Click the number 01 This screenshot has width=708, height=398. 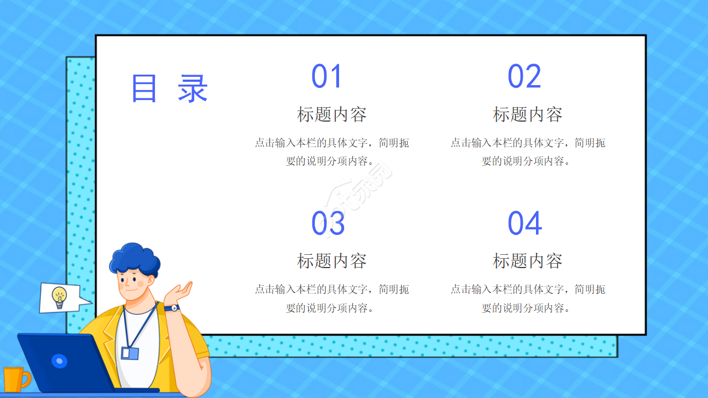click(327, 77)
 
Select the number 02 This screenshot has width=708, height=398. click(524, 77)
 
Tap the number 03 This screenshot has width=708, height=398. click(327, 224)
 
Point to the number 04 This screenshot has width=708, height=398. click(524, 224)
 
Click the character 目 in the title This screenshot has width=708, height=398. click(144, 88)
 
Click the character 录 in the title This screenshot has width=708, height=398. click(192, 88)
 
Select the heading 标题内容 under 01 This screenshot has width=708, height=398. click(331, 114)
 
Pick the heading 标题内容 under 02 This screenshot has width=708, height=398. click(527, 114)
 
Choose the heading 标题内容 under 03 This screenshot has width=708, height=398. click(331, 261)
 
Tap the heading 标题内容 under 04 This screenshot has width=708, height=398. click(527, 261)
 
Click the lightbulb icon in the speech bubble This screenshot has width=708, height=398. click(59, 296)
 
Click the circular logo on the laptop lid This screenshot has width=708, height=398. click(59, 362)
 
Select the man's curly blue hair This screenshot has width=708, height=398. click(134, 259)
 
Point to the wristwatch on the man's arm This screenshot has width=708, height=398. click(173, 308)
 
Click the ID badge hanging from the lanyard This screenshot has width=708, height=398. click(129, 353)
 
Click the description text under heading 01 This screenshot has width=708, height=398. click(331, 152)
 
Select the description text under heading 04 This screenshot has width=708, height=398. click(527, 298)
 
